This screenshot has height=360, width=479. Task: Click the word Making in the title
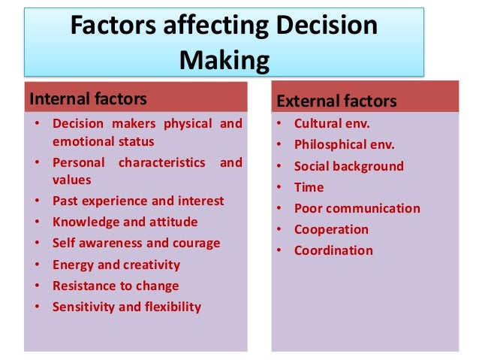[224, 59]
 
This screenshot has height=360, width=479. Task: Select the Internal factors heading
[87, 98]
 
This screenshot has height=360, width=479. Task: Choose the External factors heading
[336, 101]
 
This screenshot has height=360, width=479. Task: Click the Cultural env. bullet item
[332, 124]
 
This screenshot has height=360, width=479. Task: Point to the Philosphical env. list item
[344, 145]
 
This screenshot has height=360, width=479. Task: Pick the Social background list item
[348, 166]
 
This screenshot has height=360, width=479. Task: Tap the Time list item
[309, 187]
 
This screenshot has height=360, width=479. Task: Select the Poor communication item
[357, 208]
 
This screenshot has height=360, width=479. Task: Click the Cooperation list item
[331, 229]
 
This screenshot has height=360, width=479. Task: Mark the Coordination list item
[333, 250]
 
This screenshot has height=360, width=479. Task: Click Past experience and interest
[138, 201]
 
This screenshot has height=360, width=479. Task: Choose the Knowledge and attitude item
[125, 222]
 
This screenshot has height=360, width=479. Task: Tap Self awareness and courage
[136, 243]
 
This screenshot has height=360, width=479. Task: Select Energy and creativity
[116, 265]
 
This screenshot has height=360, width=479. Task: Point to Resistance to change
[116, 286]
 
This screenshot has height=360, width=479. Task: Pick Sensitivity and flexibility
[127, 307]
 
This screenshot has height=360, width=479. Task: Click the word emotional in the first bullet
[82, 141]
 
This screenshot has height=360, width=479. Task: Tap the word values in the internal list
[71, 180]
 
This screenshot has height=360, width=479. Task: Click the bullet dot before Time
[279, 187]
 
